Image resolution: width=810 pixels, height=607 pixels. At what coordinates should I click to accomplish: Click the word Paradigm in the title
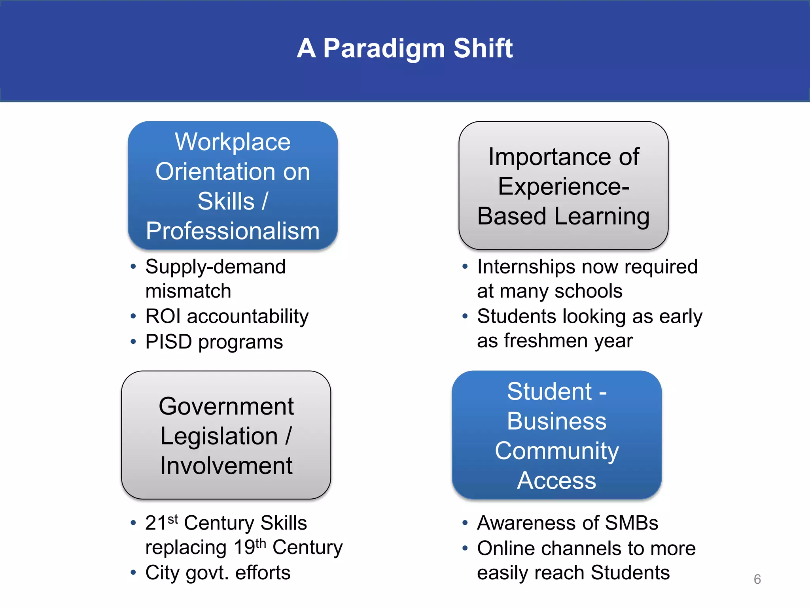[384, 49]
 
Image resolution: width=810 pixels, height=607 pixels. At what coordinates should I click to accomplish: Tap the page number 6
[757, 579]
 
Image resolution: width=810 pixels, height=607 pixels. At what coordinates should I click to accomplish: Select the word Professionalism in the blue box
[233, 231]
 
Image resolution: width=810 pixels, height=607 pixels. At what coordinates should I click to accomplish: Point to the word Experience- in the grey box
[563, 187]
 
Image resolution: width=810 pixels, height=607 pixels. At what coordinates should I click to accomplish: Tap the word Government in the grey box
[226, 406]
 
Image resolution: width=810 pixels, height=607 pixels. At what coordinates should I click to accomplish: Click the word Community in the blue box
[556, 451]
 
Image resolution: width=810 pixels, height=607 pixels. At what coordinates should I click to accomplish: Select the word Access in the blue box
[556, 481]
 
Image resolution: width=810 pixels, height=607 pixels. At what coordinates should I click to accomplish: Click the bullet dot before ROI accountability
[133, 316]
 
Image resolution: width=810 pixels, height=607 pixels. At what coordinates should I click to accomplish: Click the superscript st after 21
[173, 518]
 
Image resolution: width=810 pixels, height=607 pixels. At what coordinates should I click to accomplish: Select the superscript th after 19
[261, 543]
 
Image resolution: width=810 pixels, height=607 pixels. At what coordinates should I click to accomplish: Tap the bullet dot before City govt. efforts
[133, 572]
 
